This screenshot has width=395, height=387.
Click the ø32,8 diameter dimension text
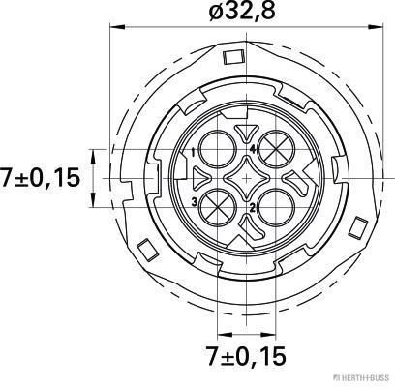tap(242, 12)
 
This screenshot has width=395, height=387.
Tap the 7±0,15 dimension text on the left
tap(40, 178)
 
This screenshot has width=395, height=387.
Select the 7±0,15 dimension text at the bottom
tap(246, 356)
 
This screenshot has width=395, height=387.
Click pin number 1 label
tap(193, 152)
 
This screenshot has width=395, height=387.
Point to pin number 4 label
tap(253, 149)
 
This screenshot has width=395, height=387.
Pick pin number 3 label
tap(195, 202)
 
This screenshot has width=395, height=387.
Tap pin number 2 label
tap(252, 208)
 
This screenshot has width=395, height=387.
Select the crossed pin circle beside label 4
tap(277, 149)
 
